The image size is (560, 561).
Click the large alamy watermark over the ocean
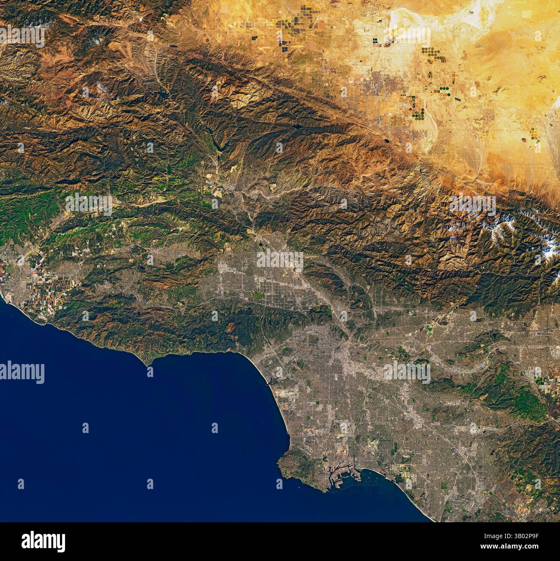[x=22, y=372]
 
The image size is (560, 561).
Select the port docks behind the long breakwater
[x=340, y=474]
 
